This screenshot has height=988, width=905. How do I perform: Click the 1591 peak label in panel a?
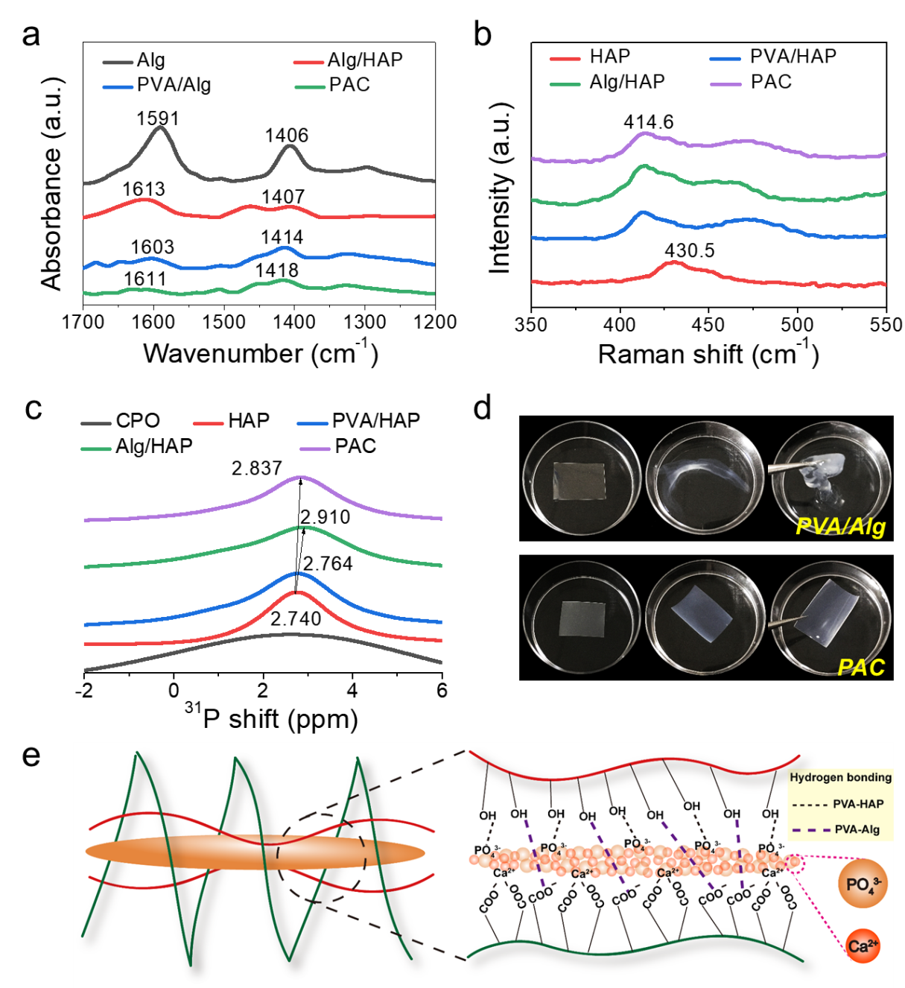pos(158,118)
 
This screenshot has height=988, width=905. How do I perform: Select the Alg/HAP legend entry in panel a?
pos(348,60)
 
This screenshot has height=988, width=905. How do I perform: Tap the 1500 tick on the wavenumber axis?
pos(223,322)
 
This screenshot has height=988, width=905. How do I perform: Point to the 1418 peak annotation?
pos(277,270)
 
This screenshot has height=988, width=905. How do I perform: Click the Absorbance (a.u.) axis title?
pos(51,184)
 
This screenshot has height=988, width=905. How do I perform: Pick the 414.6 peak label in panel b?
pos(649,122)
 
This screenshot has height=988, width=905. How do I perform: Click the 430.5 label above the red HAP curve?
pos(689,250)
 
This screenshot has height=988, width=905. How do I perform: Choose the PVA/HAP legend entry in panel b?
pos(773,57)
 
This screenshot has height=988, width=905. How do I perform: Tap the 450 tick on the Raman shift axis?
pos(708,325)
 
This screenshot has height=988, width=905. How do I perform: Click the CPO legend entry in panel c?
pos(121,421)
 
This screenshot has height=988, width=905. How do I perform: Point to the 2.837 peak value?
pos(256,469)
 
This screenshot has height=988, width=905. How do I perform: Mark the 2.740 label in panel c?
pos(296,618)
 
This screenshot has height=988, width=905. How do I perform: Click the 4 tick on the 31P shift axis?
pos(352,691)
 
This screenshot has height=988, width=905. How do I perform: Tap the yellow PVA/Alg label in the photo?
pos(840,526)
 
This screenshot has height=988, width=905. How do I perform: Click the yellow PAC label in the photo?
pos(861,668)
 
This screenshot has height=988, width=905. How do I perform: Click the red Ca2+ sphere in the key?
pos(863,946)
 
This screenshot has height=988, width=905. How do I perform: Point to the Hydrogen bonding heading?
pos(840,777)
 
